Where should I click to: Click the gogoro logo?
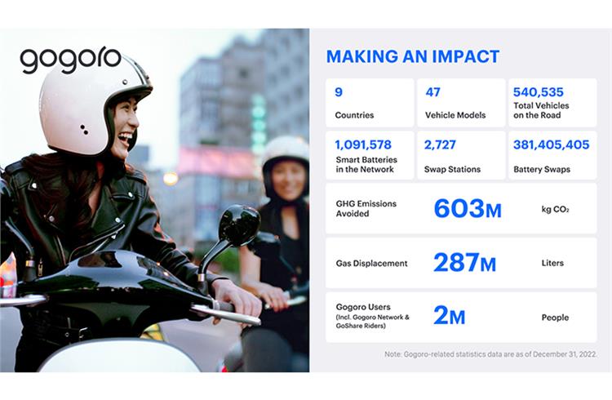tap(71, 60)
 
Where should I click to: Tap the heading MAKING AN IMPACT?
tap(413, 56)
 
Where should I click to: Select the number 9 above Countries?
tap(339, 92)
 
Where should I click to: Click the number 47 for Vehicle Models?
tap(432, 92)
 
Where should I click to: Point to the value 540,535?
tap(539, 92)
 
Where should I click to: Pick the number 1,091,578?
tap(363, 145)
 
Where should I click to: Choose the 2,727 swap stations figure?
tap(440, 145)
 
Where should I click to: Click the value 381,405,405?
tap(551, 144)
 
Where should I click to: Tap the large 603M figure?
tap(468, 209)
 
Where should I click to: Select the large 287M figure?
tap(464, 263)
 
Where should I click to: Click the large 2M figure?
tap(450, 316)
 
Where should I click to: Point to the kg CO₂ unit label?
tap(555, 209)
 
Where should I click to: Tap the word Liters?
tap(552, 263)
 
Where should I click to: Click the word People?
tap(555, 318)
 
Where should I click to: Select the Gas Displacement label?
tap(371, 264)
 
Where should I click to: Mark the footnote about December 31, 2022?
tap(490, 354)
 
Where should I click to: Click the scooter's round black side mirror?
tap(239, 226)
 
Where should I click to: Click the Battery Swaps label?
tap(542, 170)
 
